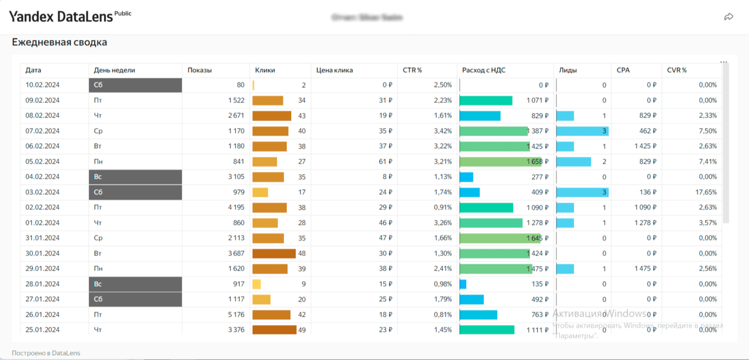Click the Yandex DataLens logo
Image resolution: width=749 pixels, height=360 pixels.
pos(61,17)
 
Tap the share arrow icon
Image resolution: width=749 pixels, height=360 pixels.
pos(728,17)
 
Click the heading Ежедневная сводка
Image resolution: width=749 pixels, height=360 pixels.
pos(59,42)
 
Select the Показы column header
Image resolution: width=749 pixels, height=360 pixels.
pos(200,70)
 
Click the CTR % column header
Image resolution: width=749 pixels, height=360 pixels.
pos(412,70)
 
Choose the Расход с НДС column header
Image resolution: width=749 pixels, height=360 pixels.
pos(483,70)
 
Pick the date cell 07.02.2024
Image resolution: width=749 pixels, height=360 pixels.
pos(42,131)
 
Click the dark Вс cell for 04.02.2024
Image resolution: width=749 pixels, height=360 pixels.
pos(135,177)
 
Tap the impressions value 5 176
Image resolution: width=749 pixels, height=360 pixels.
pos(236,315)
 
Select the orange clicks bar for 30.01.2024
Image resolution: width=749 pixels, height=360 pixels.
pos(274,254)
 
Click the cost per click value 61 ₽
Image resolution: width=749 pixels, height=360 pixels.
pos(385,162)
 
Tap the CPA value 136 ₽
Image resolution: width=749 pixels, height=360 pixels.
pos(648,192)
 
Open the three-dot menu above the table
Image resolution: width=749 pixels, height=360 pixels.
pos(724,62)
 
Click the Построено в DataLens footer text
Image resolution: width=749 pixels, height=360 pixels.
pos(46,353)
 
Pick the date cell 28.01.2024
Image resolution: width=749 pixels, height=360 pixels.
pos(42,284)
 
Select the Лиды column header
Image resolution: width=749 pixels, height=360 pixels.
pos(568,70)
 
